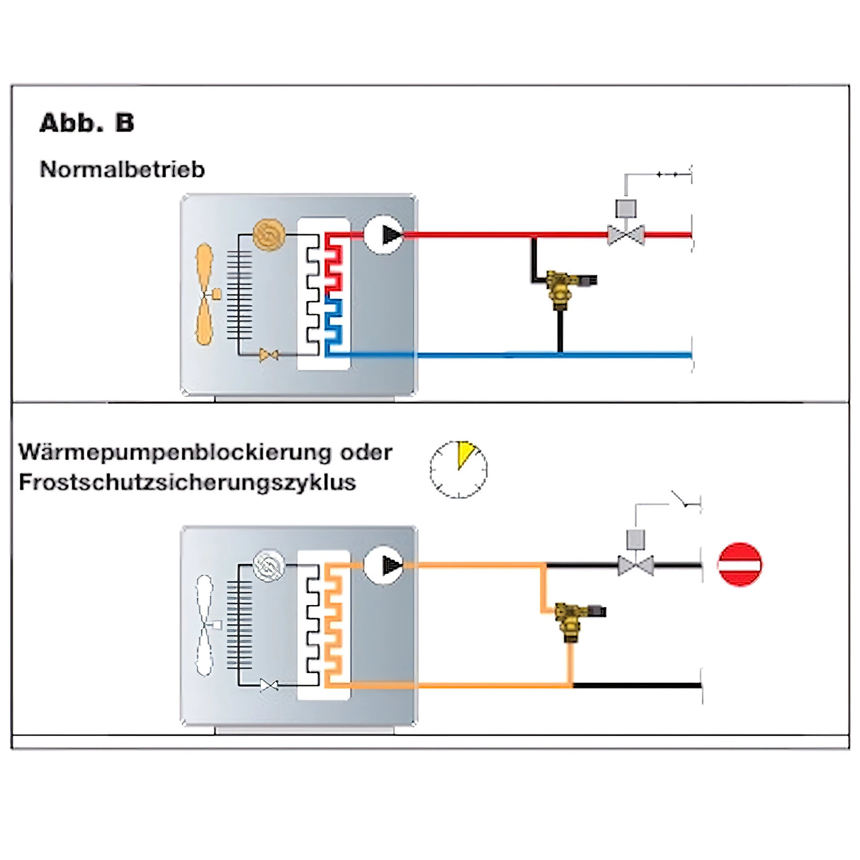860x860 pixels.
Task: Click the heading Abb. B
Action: click(86, 123)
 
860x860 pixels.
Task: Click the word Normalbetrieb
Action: click(122, 169)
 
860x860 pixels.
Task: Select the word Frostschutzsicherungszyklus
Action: click(187, 482)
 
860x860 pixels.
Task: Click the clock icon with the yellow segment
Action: click(458, 469)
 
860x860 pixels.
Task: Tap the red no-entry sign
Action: click(740, 564)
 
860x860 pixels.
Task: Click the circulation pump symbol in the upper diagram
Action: click(383, 234)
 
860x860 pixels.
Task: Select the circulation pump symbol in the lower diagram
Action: click(383, 565)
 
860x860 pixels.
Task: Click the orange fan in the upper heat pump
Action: click(205, 293)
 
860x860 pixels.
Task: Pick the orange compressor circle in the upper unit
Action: click(269, 234)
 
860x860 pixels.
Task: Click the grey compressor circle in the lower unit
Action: click(268, 566)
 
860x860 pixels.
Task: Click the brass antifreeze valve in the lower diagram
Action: click(571, 619)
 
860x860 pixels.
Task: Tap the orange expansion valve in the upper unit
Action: click(268, 355)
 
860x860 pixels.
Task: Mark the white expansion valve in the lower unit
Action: click(268, 685)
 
